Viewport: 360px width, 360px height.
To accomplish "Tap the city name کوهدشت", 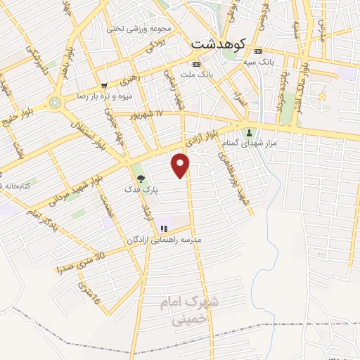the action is click(x=215, y=43).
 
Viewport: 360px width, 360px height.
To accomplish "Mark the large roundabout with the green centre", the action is click(x=56, y=102).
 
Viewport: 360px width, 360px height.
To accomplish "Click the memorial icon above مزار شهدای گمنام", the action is click(x=247, y=133).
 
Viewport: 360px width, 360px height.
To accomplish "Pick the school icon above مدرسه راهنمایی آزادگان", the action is click(x=164, y=228).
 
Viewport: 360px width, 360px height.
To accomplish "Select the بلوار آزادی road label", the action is click(x=214, y=133).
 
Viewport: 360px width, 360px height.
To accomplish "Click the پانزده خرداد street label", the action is click(x=283, y=88).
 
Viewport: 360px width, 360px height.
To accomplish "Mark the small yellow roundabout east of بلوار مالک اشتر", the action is click(x=323, y=96).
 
